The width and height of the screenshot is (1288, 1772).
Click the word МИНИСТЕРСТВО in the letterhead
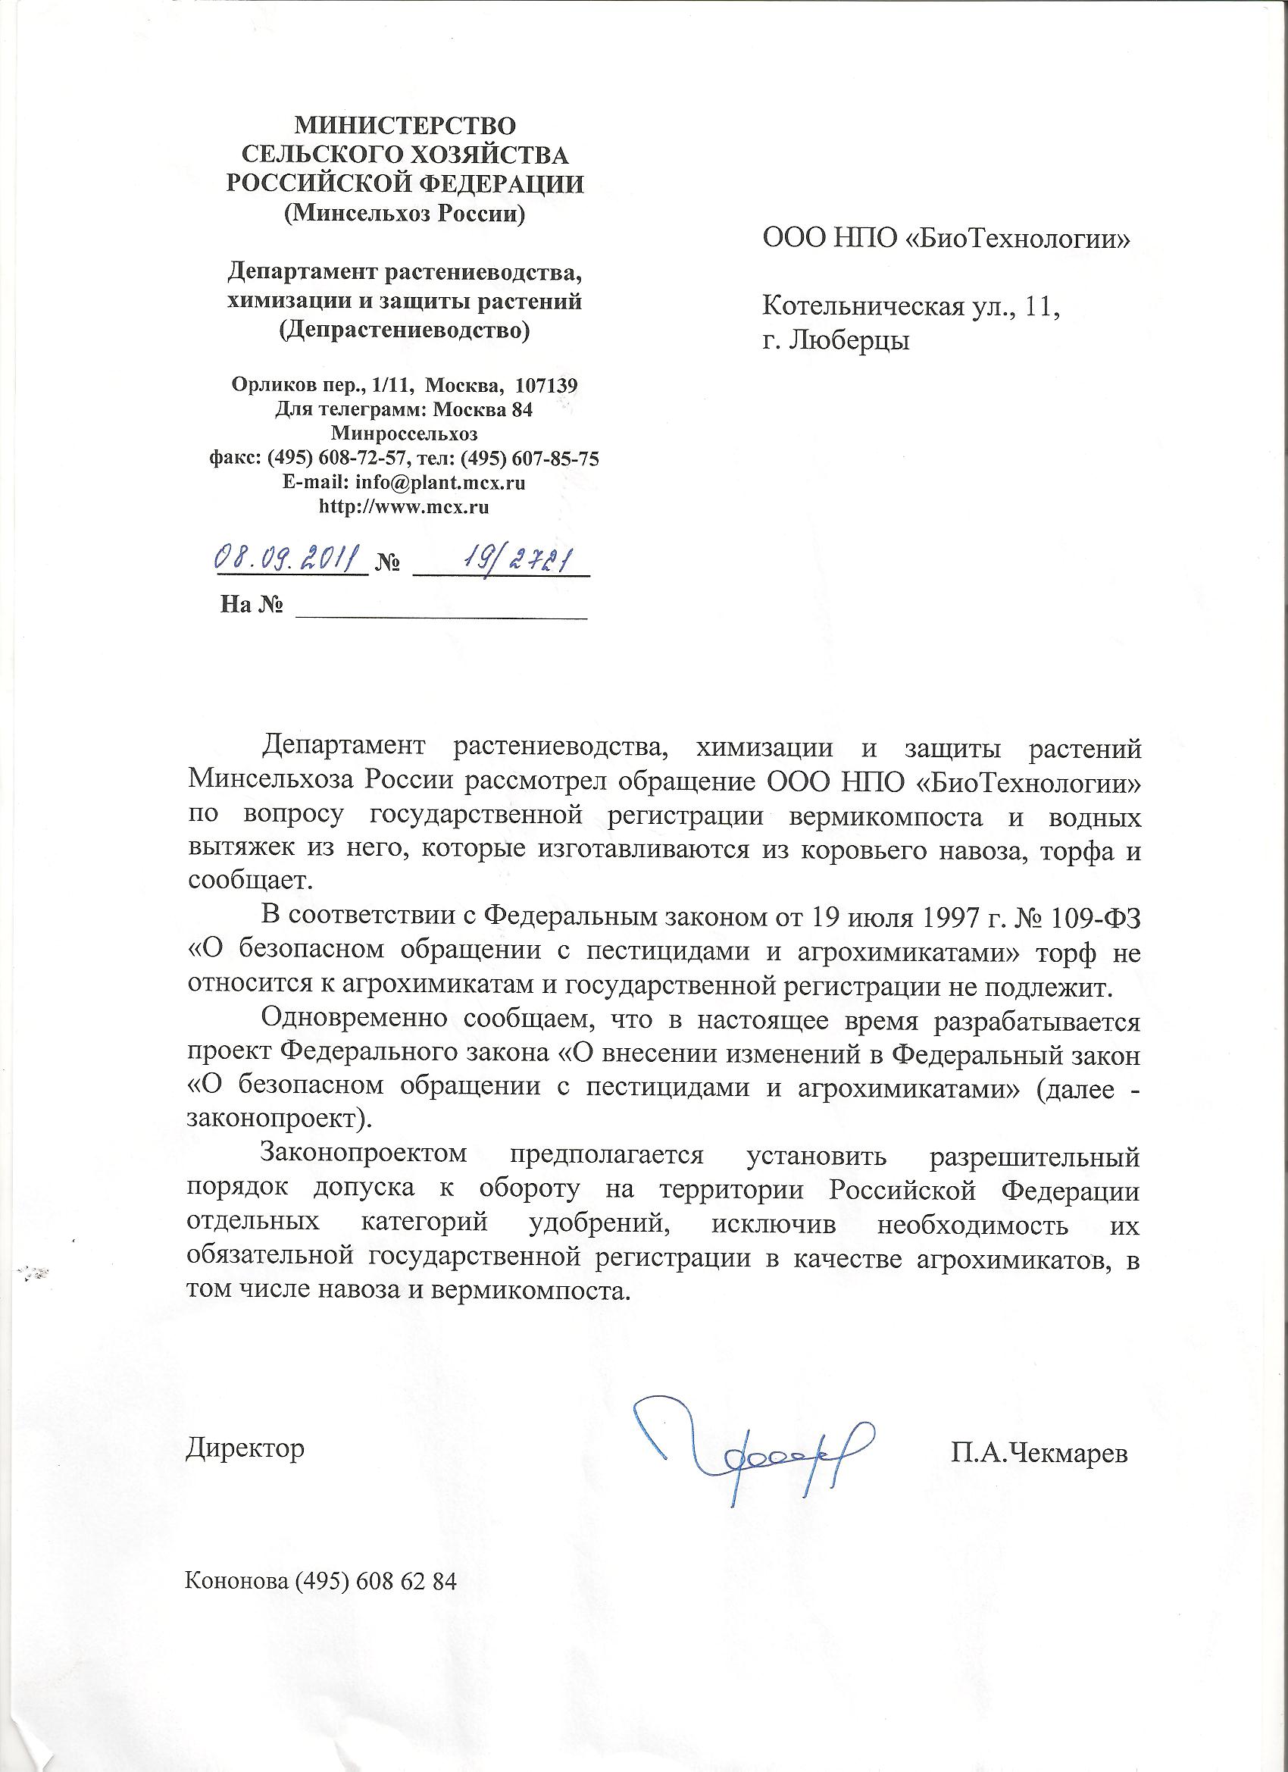coord(405,125)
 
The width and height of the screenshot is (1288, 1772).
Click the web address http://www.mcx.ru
coord(405,507)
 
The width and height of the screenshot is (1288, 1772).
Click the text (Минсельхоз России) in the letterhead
coord(405,213)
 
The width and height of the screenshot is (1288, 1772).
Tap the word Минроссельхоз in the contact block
coord(405,434)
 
